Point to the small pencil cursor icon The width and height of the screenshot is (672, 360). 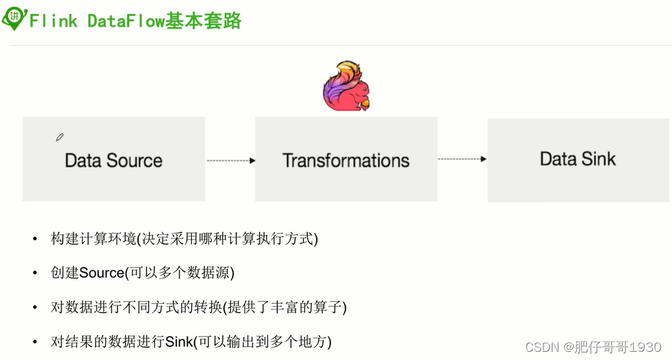(59, 137)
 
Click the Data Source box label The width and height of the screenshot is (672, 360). (113, 161)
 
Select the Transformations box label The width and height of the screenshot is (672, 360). (346, 161)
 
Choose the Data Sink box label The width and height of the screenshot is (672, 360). (578, 159)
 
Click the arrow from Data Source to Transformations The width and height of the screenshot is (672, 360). (230, 161)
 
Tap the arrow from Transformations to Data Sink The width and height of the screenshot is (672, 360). (462, 159)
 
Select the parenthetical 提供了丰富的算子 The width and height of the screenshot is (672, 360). (288, 307)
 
